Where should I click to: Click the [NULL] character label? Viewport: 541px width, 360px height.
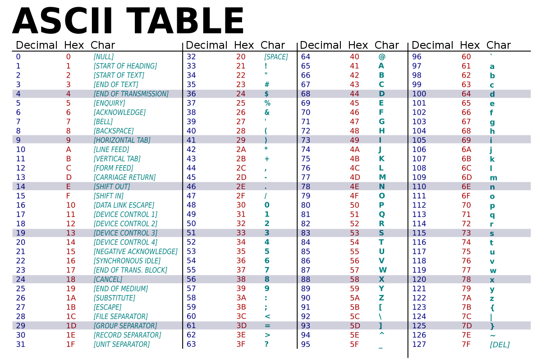(103, 57)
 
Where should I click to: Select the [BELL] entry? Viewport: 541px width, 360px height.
(103, 122)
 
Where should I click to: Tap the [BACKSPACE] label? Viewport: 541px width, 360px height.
(113, 131)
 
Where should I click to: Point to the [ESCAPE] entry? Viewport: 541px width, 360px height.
(107, 307)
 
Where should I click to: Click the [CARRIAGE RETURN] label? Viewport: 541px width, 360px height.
(124, 177)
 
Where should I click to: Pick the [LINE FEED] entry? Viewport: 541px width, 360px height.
(111, 149)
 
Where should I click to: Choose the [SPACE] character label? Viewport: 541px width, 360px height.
(276, 57)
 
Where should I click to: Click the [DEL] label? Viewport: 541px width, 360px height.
(500, 345)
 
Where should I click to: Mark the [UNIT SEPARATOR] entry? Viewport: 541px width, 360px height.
(121, 344)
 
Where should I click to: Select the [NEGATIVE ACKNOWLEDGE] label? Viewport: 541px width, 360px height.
(135, 251)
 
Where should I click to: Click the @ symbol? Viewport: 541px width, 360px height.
(382, 57)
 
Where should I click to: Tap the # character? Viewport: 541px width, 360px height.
(267, 84)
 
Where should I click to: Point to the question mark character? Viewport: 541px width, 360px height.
(266, 344)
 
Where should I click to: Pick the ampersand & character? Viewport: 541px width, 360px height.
(267, 112)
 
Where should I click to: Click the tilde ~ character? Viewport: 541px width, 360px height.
(492, 335)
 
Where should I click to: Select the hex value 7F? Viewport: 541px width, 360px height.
(466, 345)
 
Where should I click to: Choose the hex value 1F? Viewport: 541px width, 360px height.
(70, 344)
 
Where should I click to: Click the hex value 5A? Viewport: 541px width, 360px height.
(354, 298)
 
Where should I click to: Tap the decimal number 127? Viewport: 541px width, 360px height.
(419, 345)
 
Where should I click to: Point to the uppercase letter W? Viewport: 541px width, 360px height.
(382, 270)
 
